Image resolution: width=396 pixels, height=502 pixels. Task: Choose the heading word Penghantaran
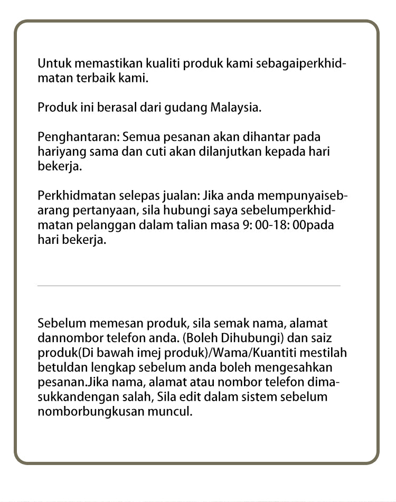(x=79, y=137)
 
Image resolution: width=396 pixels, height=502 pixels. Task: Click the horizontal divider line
(x=189, y=286)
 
